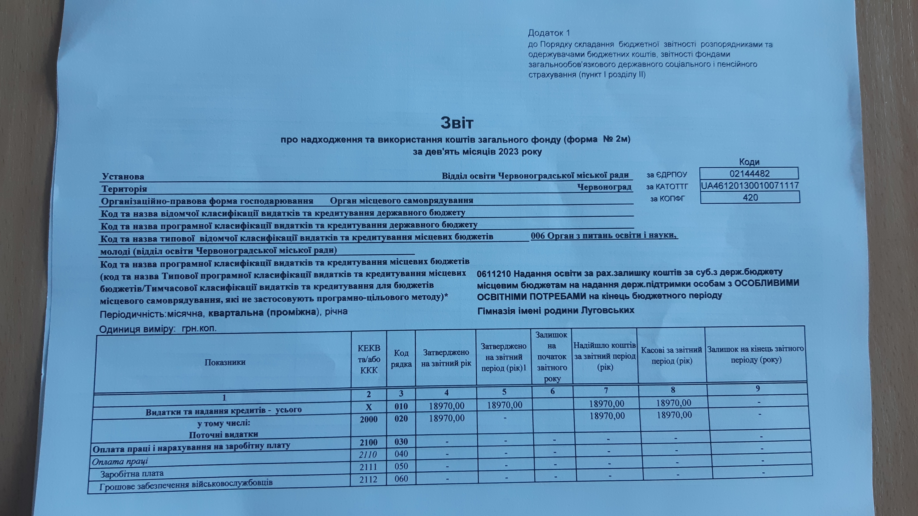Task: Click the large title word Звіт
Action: coord(457,123)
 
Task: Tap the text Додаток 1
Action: coord(549,33)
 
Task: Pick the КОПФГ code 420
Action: coord(750,198)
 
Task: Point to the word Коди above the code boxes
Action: coord(749,162)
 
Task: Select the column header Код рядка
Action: coord(401,358)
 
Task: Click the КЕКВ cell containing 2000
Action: coord(369,419)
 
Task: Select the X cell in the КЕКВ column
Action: coord(369,407)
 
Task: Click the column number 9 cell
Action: coord(758,389)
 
